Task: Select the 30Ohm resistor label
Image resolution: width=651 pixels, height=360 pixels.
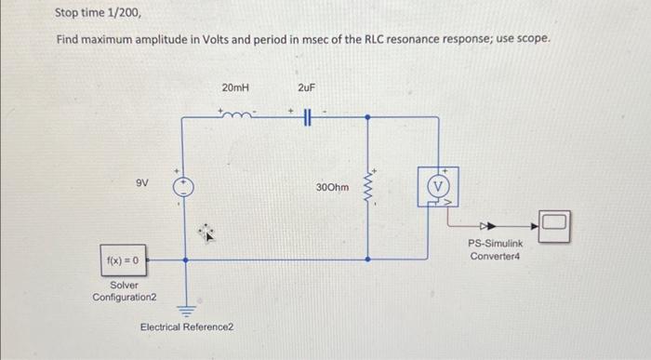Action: point(332,187)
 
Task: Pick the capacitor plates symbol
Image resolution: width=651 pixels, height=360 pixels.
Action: point(307,117)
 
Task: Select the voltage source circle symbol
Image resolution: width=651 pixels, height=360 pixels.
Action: point(183,184)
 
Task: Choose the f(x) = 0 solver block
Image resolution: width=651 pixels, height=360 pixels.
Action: point(122,260)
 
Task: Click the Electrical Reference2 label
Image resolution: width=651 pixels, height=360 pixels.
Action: point(187,327)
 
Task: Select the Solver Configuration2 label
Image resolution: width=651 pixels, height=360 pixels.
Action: point(125,290)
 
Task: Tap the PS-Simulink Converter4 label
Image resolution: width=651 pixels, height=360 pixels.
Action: point(496,249)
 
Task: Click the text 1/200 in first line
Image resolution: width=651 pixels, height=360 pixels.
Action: point(123,14)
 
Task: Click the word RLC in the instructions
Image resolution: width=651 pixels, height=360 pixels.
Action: point(375,41)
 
